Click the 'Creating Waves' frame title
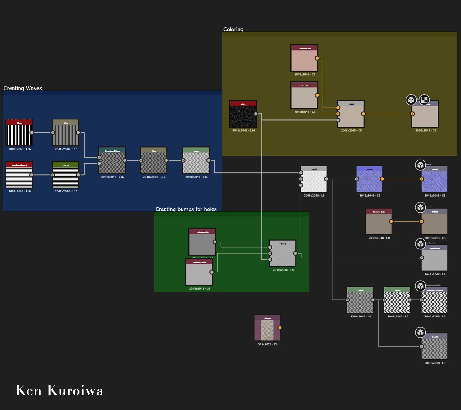[23, 88]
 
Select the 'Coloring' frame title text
[233, 29]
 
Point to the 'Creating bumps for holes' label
[186, 209]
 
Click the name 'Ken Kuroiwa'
[59, 390]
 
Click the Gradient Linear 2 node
[19, 175]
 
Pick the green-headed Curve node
[66, 175]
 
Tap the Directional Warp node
[112, 161]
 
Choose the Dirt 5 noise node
[243, 114]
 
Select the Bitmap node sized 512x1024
[267, 328]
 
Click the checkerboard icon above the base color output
[424, 100]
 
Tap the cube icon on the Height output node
[420, 332]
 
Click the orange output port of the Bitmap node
[280, 328]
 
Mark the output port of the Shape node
[32, 133]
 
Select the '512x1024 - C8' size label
[268, 344]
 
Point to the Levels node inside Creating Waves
[196, 161]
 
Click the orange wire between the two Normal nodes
[402, 179]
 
